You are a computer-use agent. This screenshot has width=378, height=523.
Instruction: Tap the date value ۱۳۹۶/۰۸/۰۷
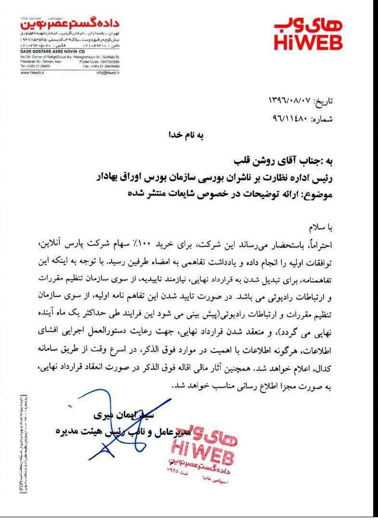[x=290, y=101]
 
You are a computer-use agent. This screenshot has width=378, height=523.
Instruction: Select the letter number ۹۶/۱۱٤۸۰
[x=290, y=119]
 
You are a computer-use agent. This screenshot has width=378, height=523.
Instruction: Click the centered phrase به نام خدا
[x=186, y=135]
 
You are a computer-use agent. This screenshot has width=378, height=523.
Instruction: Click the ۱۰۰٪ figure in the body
[x=164, y=245]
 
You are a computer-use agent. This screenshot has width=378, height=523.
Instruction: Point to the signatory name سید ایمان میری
[x=124, y=415]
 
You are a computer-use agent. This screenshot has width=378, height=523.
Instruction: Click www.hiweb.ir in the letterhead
[x=32, y=73]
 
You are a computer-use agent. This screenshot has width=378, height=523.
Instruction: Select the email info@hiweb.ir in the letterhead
[x=108, y=73]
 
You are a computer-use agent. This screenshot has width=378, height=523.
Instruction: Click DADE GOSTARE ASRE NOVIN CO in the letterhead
[x=52, y=51]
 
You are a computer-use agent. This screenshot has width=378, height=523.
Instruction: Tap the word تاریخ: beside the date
[x=323, y=101]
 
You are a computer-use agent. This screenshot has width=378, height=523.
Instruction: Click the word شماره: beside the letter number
[x=322, y=119]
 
